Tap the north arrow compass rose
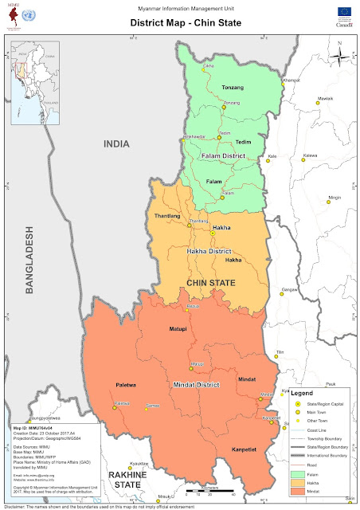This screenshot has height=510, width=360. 340,56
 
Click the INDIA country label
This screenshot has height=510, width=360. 116,143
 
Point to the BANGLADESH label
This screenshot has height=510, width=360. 29,262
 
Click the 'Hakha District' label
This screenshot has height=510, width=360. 209,251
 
